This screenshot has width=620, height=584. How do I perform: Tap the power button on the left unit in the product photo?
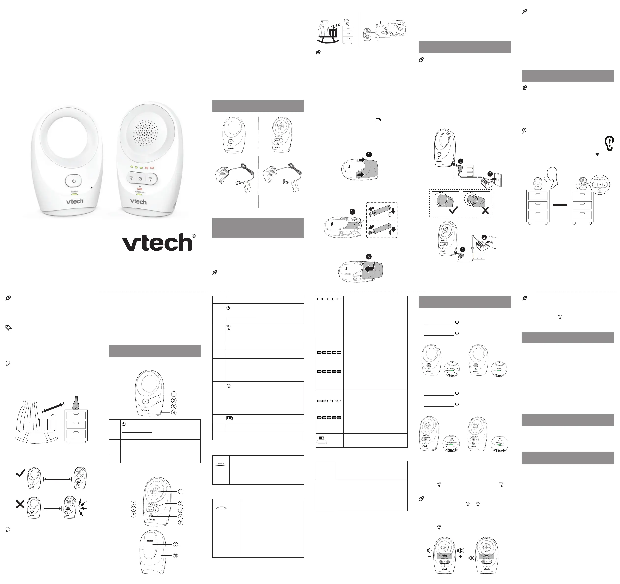74,181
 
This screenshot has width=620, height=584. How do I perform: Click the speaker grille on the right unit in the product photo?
145,133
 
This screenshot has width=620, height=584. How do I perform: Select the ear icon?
608,143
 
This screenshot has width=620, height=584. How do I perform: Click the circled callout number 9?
175,545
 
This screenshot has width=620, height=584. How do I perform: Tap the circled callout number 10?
175,555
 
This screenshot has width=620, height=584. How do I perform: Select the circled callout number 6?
134,503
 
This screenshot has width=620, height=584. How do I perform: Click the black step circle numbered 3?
369,257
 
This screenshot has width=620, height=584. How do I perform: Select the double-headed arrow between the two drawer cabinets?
560,205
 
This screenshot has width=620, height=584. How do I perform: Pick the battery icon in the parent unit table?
229,418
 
